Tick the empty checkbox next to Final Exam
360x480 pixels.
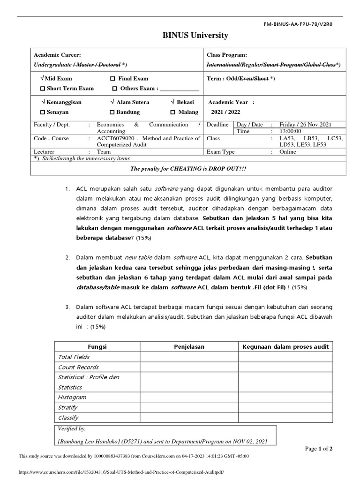112,79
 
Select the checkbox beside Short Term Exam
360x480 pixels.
43,89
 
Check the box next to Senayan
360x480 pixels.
43,112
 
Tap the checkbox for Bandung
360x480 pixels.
112,112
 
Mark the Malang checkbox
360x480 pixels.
173,112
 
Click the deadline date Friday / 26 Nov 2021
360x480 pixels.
305,125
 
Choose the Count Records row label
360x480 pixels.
78,367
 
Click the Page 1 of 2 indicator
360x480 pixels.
319,449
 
